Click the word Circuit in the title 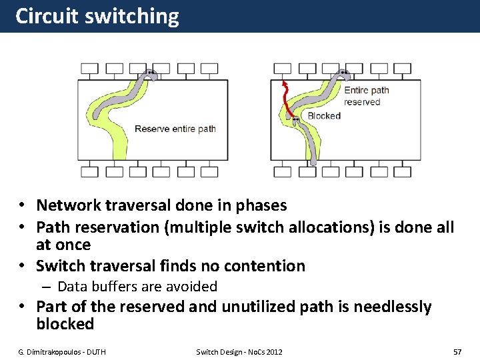pyautogui.click(x=47, y=16)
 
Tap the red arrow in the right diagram pyautogui.click(x=285, y=100)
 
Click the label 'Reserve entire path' pyautogui.click(x=175, y=129)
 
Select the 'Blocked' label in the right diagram pyautogui.click(x=324, y=116)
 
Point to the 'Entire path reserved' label pyautogui.click(x=366, y=96)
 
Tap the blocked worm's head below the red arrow pyautogui.click(x=294, y=121)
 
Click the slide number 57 pyautogui.click(x=457, y=351)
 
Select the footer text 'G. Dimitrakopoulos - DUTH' pyautogui.click(x=62, y=351)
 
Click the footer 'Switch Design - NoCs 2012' pyautogui.click(x=239, y=351)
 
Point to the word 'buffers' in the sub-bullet pyautogui.click(x=119, y=287)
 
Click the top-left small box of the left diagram pyautogui.click(x=89, y=69)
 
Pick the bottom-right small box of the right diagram pyautogui.click(x=403, y=171)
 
